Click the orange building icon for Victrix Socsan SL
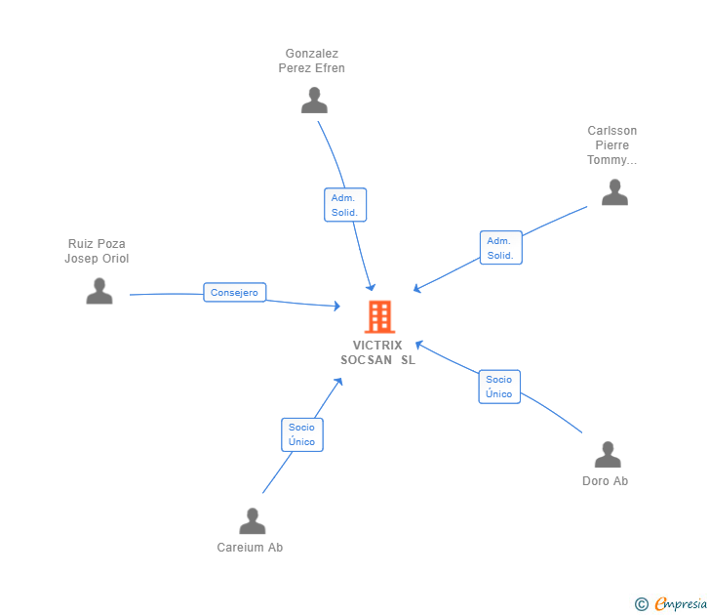pos(378,316)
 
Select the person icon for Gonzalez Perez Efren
pos(314,101)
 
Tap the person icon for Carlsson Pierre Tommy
pos(614,192)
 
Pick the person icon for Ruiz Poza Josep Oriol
pos(99,291)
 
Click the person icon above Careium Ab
pos(253,521)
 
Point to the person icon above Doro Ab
pos(608,455)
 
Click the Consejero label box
pos(235,292)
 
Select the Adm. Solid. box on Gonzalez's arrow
pos(345,205)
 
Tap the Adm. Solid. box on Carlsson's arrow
pos(500,248)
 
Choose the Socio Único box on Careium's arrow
pos(302,434)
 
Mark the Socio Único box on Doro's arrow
pos(499,387)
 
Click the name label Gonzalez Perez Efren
pos(312,61)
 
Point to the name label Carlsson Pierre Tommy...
pos(612,145)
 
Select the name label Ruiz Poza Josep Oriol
pos(97,251)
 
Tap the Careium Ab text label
pos(250,548)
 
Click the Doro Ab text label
pos(605,481)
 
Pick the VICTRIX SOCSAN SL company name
pos(377,352)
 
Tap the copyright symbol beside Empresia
pos(641,604)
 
